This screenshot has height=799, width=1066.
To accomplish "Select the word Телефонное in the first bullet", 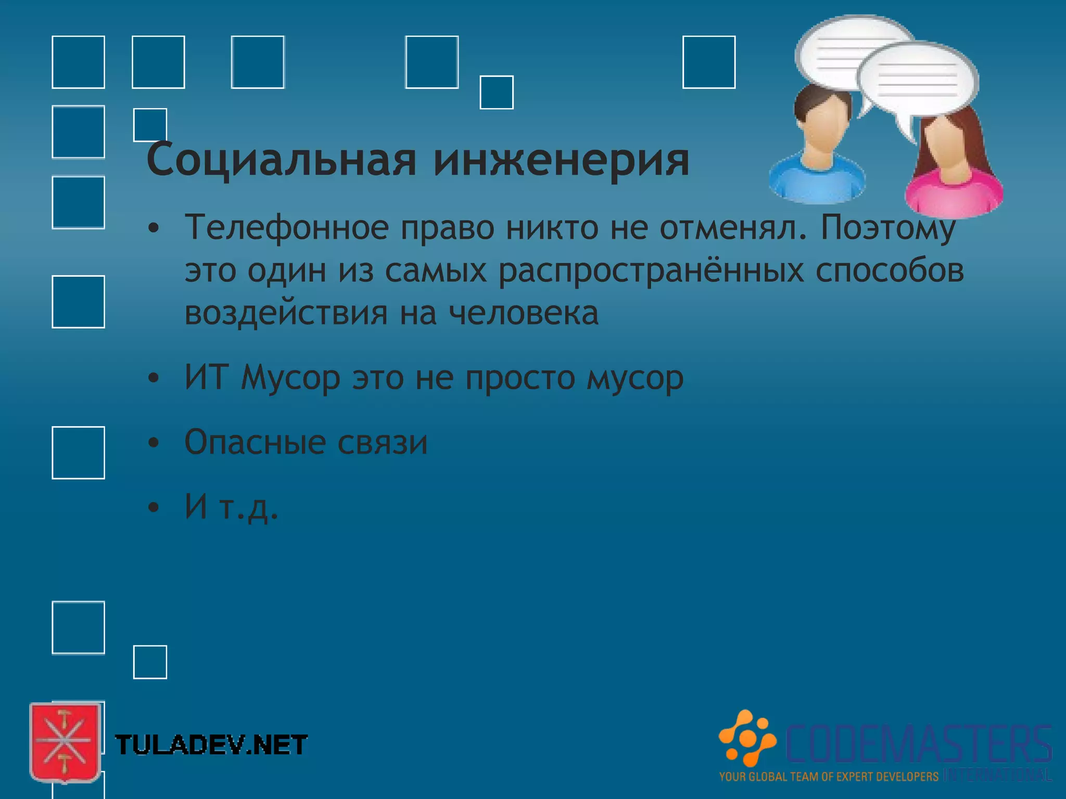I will (x=287, y=228).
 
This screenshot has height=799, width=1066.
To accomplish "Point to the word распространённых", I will (x=651, y=270).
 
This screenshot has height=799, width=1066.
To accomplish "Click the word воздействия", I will (x=286, y=313).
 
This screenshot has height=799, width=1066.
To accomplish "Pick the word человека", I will (x=524, y=313).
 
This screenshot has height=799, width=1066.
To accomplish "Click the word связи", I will (x=383, y=442).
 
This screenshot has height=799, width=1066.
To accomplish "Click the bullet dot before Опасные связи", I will (x=153, y=443).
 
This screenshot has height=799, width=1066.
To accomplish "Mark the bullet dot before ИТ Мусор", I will (x=153, y=378).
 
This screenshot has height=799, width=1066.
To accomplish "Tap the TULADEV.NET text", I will (x=211, y=745).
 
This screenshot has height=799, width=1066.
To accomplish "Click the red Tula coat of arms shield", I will (x=65, y=742).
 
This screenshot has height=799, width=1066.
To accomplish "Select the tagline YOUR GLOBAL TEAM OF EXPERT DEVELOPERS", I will (x=829, y=777).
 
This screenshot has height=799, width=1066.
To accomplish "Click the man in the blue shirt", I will (x=817, y=151).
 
